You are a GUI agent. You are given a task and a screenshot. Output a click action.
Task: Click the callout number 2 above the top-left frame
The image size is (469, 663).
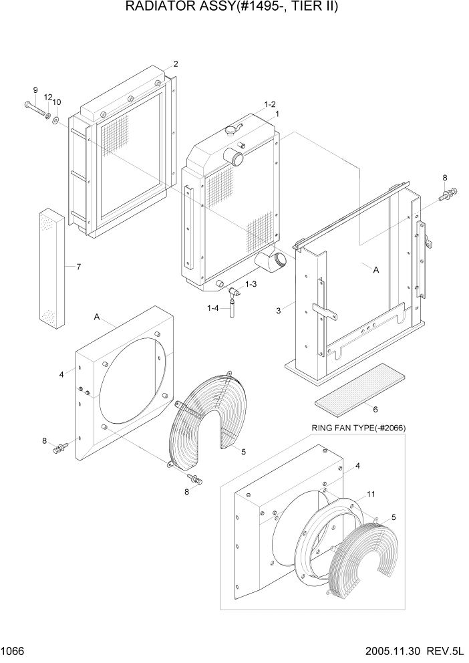175,64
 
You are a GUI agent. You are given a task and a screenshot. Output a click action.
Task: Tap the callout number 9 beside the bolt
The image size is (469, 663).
35,90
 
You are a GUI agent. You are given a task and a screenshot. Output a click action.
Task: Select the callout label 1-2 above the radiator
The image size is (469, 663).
270,104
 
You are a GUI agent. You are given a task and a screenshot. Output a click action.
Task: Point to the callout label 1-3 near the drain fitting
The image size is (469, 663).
251,285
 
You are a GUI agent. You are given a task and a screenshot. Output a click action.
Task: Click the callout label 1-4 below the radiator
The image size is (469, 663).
213,307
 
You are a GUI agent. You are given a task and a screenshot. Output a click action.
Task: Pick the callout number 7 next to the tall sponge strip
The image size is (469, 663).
78,267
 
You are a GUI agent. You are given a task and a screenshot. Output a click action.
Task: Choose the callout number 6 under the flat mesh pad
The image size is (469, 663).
375,409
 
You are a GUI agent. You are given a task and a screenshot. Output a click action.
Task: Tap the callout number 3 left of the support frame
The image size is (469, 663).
279,309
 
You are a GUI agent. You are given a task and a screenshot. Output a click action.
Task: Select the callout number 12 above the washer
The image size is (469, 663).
47,97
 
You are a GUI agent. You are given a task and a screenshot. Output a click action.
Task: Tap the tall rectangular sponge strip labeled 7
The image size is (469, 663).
53,267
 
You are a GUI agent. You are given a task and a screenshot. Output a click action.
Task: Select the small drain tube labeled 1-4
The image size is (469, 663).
232,308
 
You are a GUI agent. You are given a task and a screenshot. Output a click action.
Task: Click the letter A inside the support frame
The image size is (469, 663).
375,270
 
